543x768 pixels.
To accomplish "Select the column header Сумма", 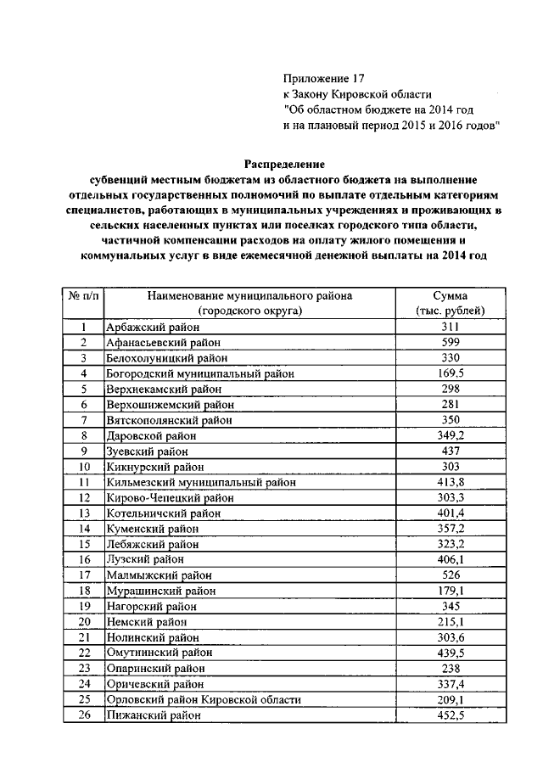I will [447, 296].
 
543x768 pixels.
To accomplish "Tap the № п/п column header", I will [83, 296].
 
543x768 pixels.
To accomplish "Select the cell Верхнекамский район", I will [161, 390].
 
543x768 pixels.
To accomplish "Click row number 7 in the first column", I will [84, 420].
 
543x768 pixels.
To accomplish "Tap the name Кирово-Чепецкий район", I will [169, 498].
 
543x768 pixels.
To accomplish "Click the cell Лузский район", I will [143, 560].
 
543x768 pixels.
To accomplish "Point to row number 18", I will [84, 591].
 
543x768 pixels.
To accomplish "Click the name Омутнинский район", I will [159, 653].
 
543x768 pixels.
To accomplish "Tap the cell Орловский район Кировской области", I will [203, 700].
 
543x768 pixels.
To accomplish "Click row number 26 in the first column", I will [84, 715].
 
